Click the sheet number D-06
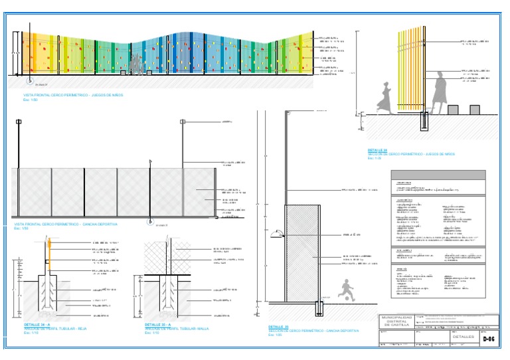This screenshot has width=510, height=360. pyautogui.click(x=489, y=339)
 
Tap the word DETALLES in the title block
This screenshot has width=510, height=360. pyautogui.click(x=463, y=337)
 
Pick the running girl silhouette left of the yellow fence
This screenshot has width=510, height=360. pyautogui.click(x=385, y=96)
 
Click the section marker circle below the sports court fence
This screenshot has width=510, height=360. pyautogui.click(x=149, y=222)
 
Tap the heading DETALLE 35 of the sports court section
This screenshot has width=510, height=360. pyautogui.click(x=279, y=327)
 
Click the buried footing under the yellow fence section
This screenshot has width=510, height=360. pyautogui.click(x=424, y=122)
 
